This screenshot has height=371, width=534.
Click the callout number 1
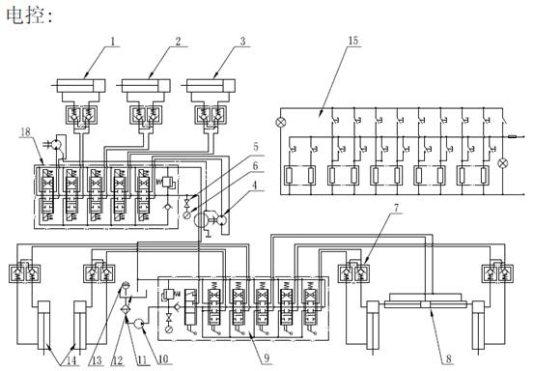point(113,42)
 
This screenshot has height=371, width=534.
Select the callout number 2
point(178,42)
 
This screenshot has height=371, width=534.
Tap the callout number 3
point(242,42)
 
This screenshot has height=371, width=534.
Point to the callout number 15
point(353,41)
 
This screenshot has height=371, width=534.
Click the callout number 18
point(25,131)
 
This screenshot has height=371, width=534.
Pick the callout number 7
point(396,207)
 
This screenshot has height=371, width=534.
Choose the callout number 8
point(448,358)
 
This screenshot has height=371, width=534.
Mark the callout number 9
point(267,357)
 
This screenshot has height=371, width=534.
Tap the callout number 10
point(163,358)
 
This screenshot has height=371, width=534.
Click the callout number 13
point(98,360)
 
